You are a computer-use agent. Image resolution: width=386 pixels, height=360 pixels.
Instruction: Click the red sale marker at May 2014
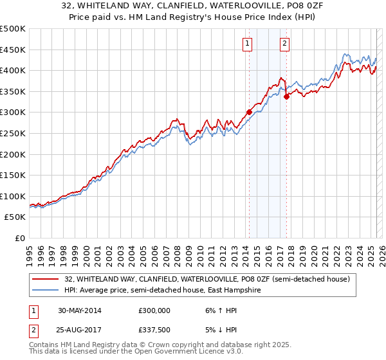(249, 112)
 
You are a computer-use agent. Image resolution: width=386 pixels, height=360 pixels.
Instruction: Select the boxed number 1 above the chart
(248, 44)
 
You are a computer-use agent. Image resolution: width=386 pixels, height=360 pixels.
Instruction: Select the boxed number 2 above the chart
(284, 44)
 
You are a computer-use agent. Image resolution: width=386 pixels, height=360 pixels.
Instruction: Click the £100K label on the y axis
(13, 196)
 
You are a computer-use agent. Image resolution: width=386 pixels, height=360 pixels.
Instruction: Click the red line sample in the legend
(46, 279)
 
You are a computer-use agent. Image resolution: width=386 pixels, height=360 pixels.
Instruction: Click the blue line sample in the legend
(46, 291)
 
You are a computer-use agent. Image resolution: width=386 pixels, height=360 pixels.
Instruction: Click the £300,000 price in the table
(154, 310)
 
